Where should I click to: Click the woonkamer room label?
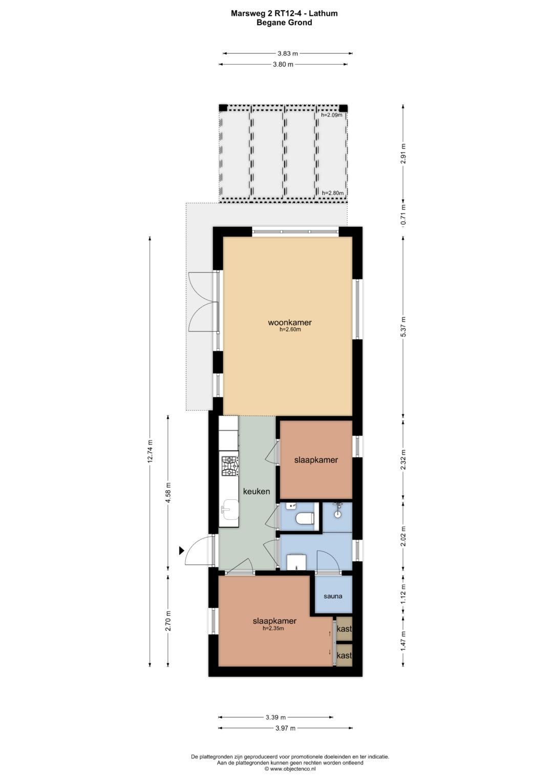click(x=290, y=323)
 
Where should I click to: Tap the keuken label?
click(x=257, y=492)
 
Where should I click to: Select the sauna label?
click(x=333, y=596)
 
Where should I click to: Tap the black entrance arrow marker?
click(x=182, y=551)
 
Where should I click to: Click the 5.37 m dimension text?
click(x=403, y=326)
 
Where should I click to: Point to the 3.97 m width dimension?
click(x=285, y=728)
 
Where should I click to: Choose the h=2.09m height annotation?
click(x=332, y=115)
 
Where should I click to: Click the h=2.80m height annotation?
click(x=333, y=193)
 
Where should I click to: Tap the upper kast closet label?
click(x=344, y=629)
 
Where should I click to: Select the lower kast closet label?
click(x=344, y=656)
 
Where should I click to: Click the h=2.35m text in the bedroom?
click(x=273, y=628)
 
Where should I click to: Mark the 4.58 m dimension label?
click(x=168, y=493)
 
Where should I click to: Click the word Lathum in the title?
click(x=323, y=13)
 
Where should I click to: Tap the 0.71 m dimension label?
click(x=403, y=218)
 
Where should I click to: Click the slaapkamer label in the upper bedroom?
click(x=316, y=460)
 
